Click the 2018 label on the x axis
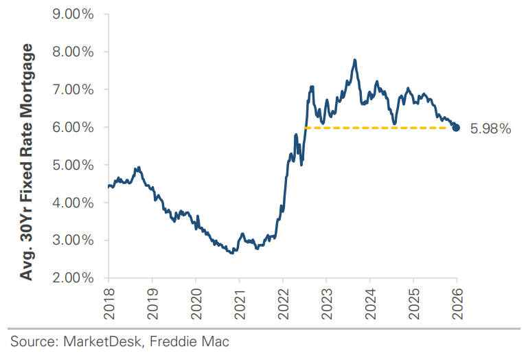(108, 300)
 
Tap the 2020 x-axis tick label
(196, 300)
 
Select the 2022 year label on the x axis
(283, 300)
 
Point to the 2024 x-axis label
(370, 300)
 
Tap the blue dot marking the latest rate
(456, 128)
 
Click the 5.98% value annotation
(490, 128)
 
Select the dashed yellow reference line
(378, 128)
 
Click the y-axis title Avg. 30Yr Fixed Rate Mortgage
(27, 162)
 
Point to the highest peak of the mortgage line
(354, 60)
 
